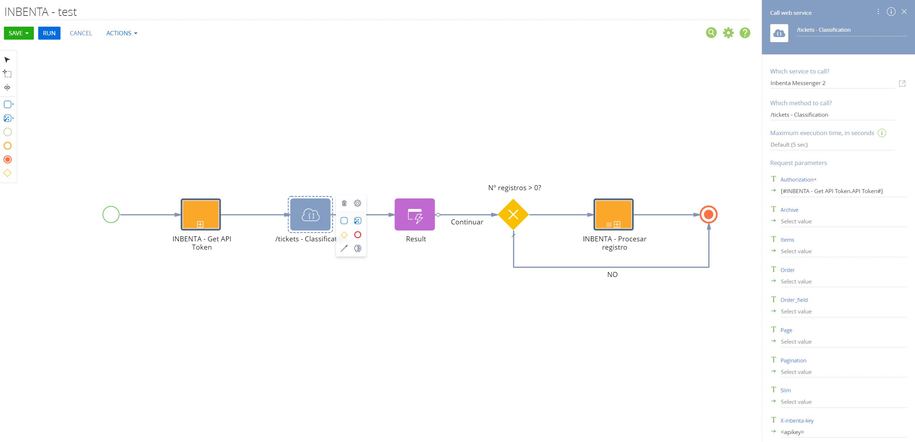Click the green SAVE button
[x=19, y=33]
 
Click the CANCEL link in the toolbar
[x=81, y=33]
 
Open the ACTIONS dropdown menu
[x=122, y=33]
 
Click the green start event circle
[x=111, y=215]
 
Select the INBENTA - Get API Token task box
[x=201, y=215]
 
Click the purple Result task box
[x=415, y=215]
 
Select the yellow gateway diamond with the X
[x=513, y=215]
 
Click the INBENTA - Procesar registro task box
[x=614, y=215]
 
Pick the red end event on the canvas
[x=709, y=215]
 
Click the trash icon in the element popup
[x=344, y=203]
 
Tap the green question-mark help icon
[x=745, y=33]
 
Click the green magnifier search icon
[x=711, y=33]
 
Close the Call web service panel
[x=904, y=12]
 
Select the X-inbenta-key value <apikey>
[x=792, y=432]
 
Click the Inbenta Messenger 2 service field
[x=832, y=83]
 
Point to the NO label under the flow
[x=613, y=274]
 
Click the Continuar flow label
[x=467, y=222]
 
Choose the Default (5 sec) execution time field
[x=832, y=145]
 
